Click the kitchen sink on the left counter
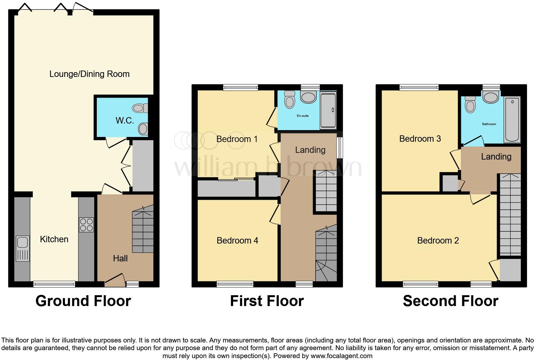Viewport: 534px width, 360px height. pyautogui.click(x=22, y=248)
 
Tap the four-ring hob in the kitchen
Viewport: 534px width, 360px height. pyautogui.click(x=86, y=225)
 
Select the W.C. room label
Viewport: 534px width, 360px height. pyautogui.click(x=125, y=120)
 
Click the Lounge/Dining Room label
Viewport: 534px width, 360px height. pyautogui.click(x=89, y=74)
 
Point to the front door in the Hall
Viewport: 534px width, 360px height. pyautogui.click(x=115, y=278)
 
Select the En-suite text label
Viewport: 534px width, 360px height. pyautogui.click(x=302, y=116)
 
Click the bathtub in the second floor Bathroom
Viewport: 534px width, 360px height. pyautogui.click(x=512, y=120)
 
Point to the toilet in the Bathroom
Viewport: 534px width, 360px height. pyautogui.click(x=470, y=104)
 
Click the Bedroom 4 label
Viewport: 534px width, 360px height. pyautogui.click(x=237, y=241)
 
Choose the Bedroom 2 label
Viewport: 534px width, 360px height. pyautogui.click(x=438, y=241)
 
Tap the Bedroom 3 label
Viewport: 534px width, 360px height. pyautogui.click(x=420, y=139)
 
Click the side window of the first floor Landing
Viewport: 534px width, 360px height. pyautogui.click(x=340, y=148)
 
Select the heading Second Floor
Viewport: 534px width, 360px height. pyautogui.click(x=450, y=301)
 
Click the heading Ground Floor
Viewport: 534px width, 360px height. pyautogui.click(x=83, y=301)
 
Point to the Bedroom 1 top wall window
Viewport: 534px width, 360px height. pyautogui.click(x=240, y=87)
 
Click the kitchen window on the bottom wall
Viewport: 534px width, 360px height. pyautogui.click(x=54, y=284)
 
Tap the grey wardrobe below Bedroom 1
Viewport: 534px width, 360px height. pyautogui.click(x=226, y=189)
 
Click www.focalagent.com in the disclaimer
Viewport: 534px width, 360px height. pyautogui.click(x=341, y=356)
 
